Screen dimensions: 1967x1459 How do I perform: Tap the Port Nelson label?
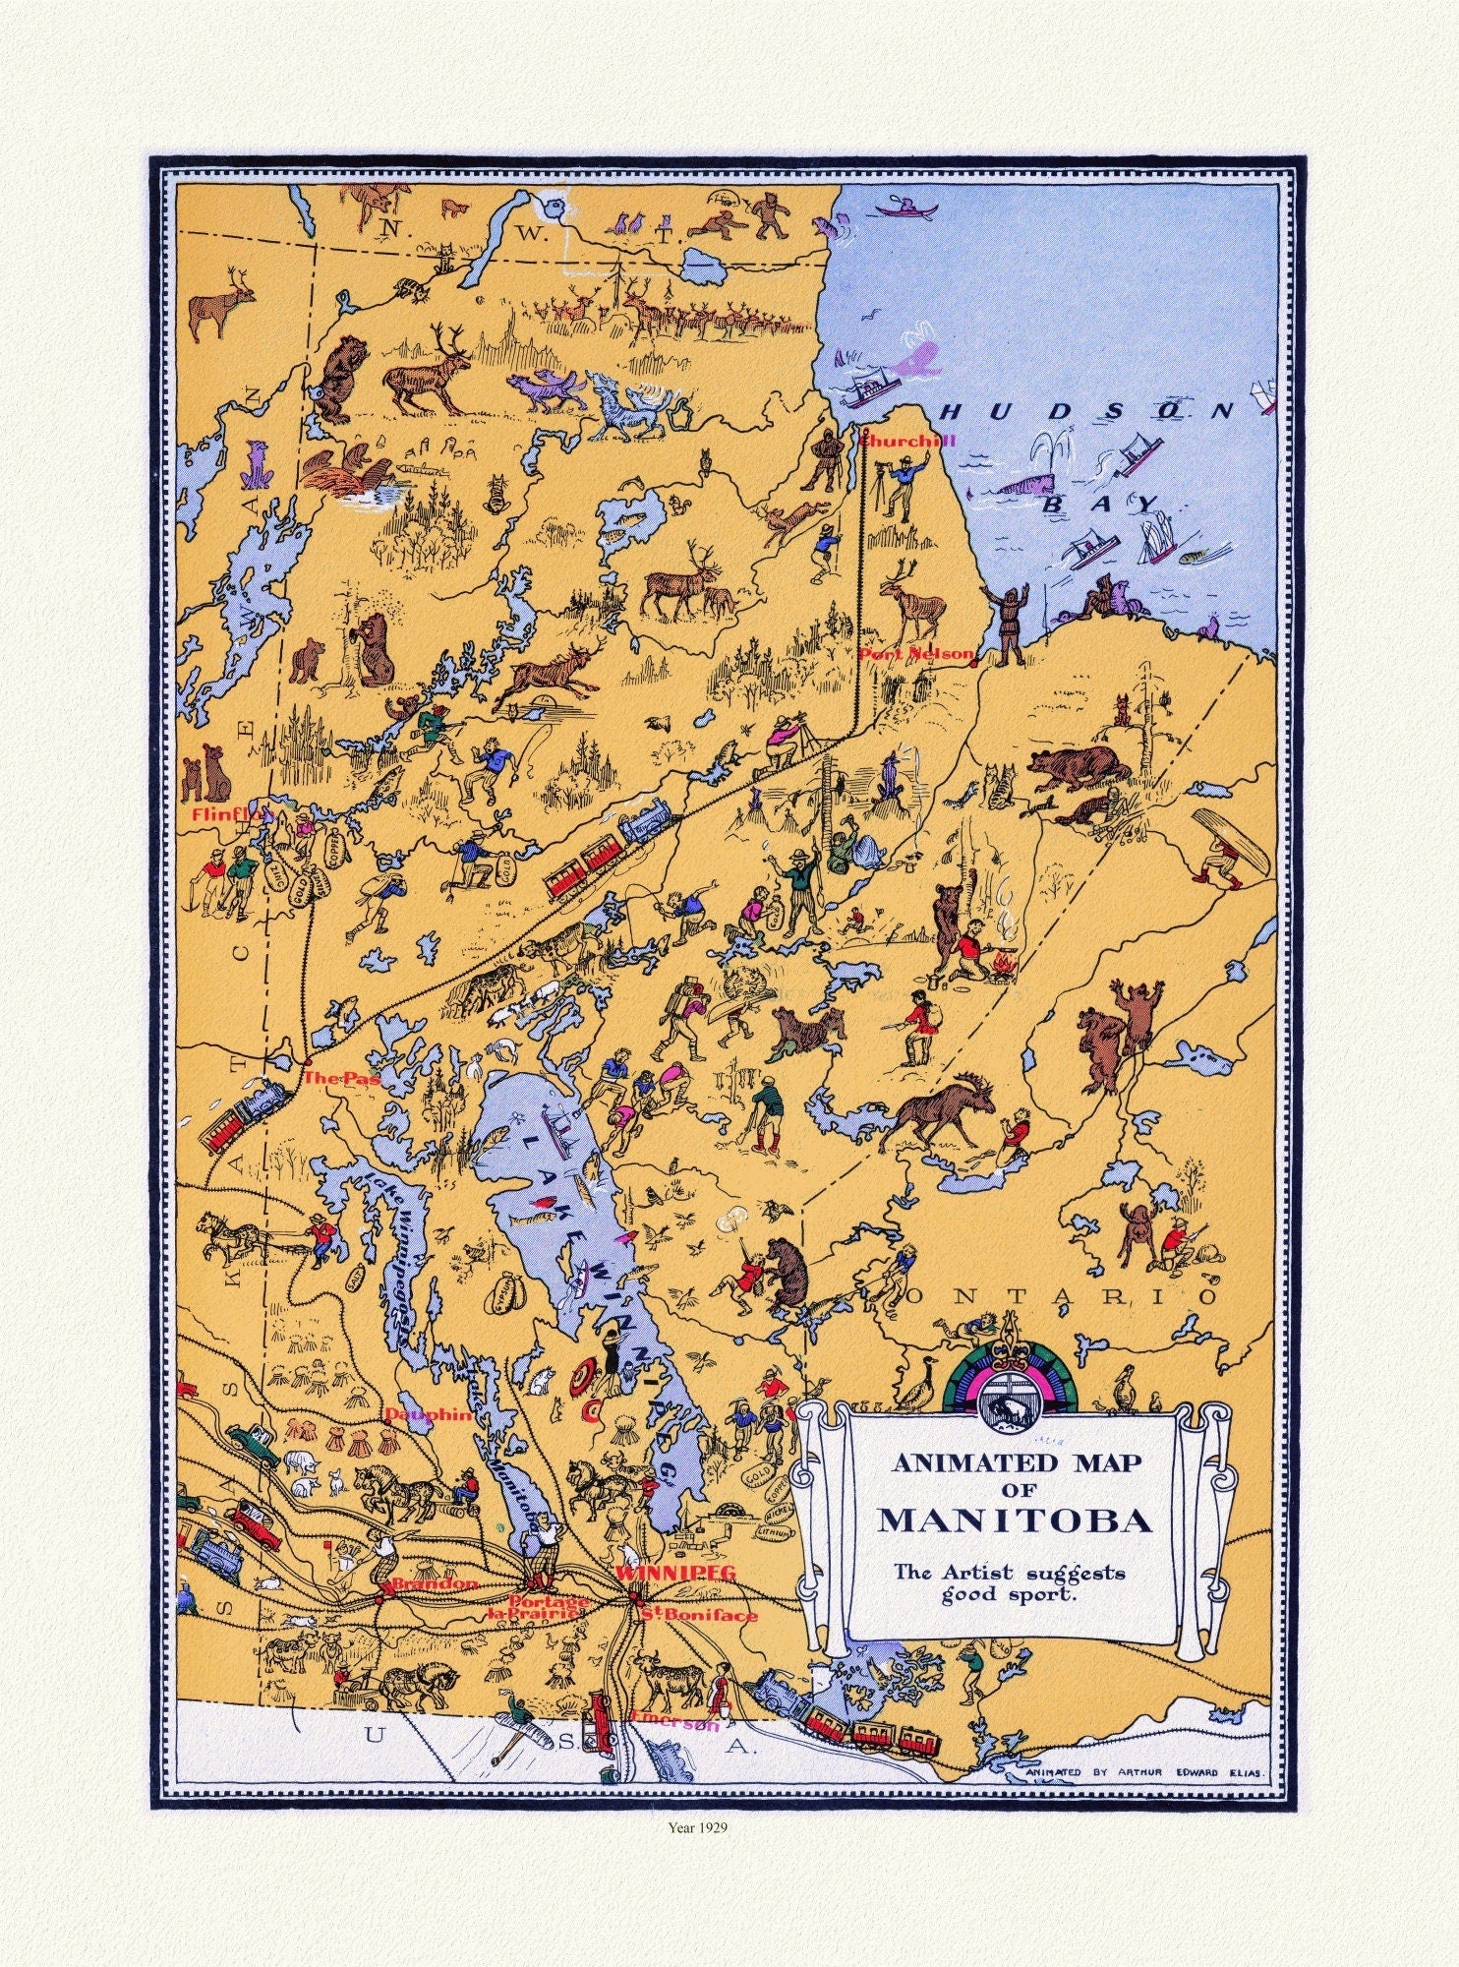915,653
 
